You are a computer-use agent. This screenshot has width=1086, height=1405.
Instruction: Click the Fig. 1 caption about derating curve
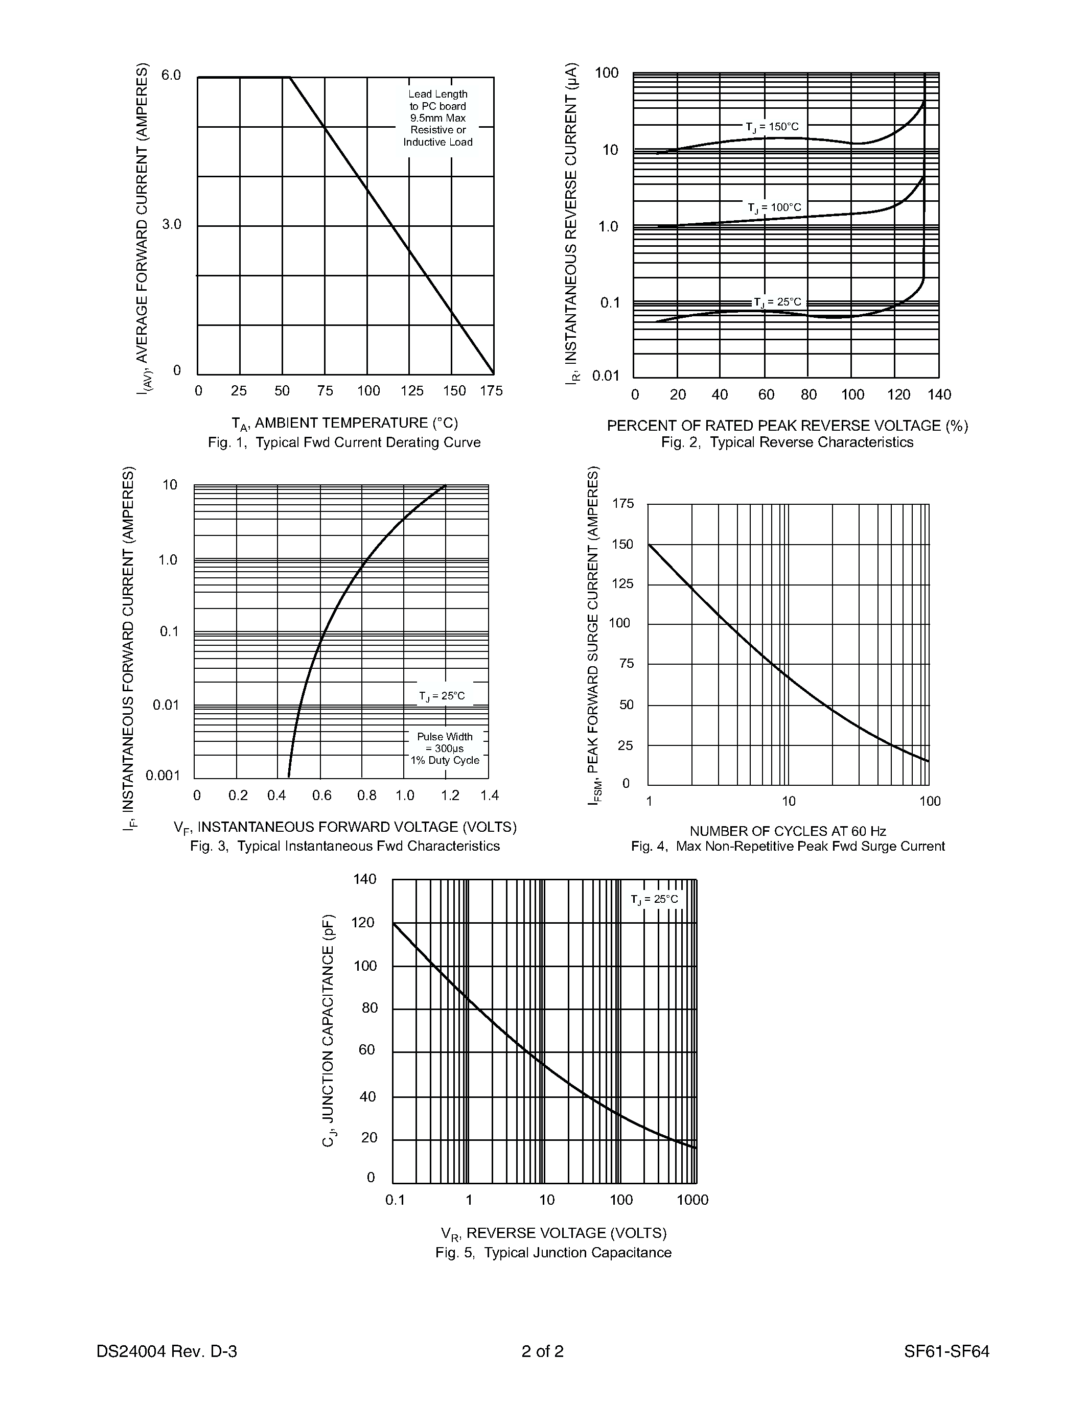pyautogui.click(x=344, y=442)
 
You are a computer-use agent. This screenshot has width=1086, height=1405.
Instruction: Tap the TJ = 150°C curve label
pyautogui.click(x=772, y=127)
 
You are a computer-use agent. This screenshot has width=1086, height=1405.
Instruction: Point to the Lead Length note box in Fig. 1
pyautogui.click(x=438, y=118)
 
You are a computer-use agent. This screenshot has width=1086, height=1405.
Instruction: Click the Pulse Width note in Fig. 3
pyautogui.click(x=445, y=748)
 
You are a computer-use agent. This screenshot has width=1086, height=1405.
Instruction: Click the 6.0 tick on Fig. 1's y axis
pyautogui.click(x=171, y=75)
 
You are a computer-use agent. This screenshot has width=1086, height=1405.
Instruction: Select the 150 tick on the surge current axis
pyautogui.click(x=622, y=544)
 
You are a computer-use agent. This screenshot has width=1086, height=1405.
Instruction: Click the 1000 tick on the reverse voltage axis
pyautogui.click(x=692, y=1200)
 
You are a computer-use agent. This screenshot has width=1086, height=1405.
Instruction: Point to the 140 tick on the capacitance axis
pyautogui.click(x=365, y=879)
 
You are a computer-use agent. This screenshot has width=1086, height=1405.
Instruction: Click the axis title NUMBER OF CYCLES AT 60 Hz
pyautogui.click(x=788, y=831)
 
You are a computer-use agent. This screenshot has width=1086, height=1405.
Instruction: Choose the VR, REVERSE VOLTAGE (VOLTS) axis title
pyautogui.click(x=553, y=1233)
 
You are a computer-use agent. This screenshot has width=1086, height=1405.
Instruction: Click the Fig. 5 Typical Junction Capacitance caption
pyautogui.click(x=553, y=1253)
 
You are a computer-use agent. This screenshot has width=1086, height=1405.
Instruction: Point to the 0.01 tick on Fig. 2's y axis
pyautogui.click(x=606, y=376)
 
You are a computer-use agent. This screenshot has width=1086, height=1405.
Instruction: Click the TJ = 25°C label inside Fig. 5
pyautogui.click(x=654, y=899)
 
